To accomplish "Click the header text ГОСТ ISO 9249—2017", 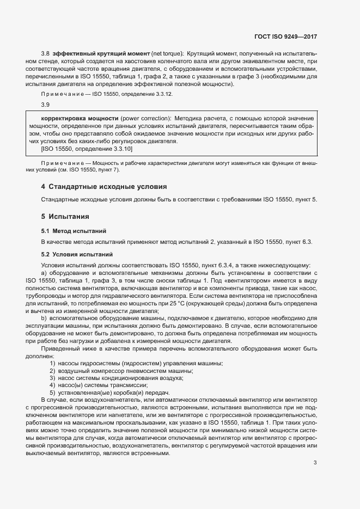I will [285, 37].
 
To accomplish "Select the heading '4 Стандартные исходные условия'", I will [104, 187].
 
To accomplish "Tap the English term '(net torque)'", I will [167, 53].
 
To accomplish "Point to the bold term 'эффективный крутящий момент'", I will [94, 53].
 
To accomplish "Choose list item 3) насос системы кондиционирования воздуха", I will [117, 378].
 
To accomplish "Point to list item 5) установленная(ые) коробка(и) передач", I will [110, 393].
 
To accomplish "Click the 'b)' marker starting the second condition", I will [44, 318].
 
